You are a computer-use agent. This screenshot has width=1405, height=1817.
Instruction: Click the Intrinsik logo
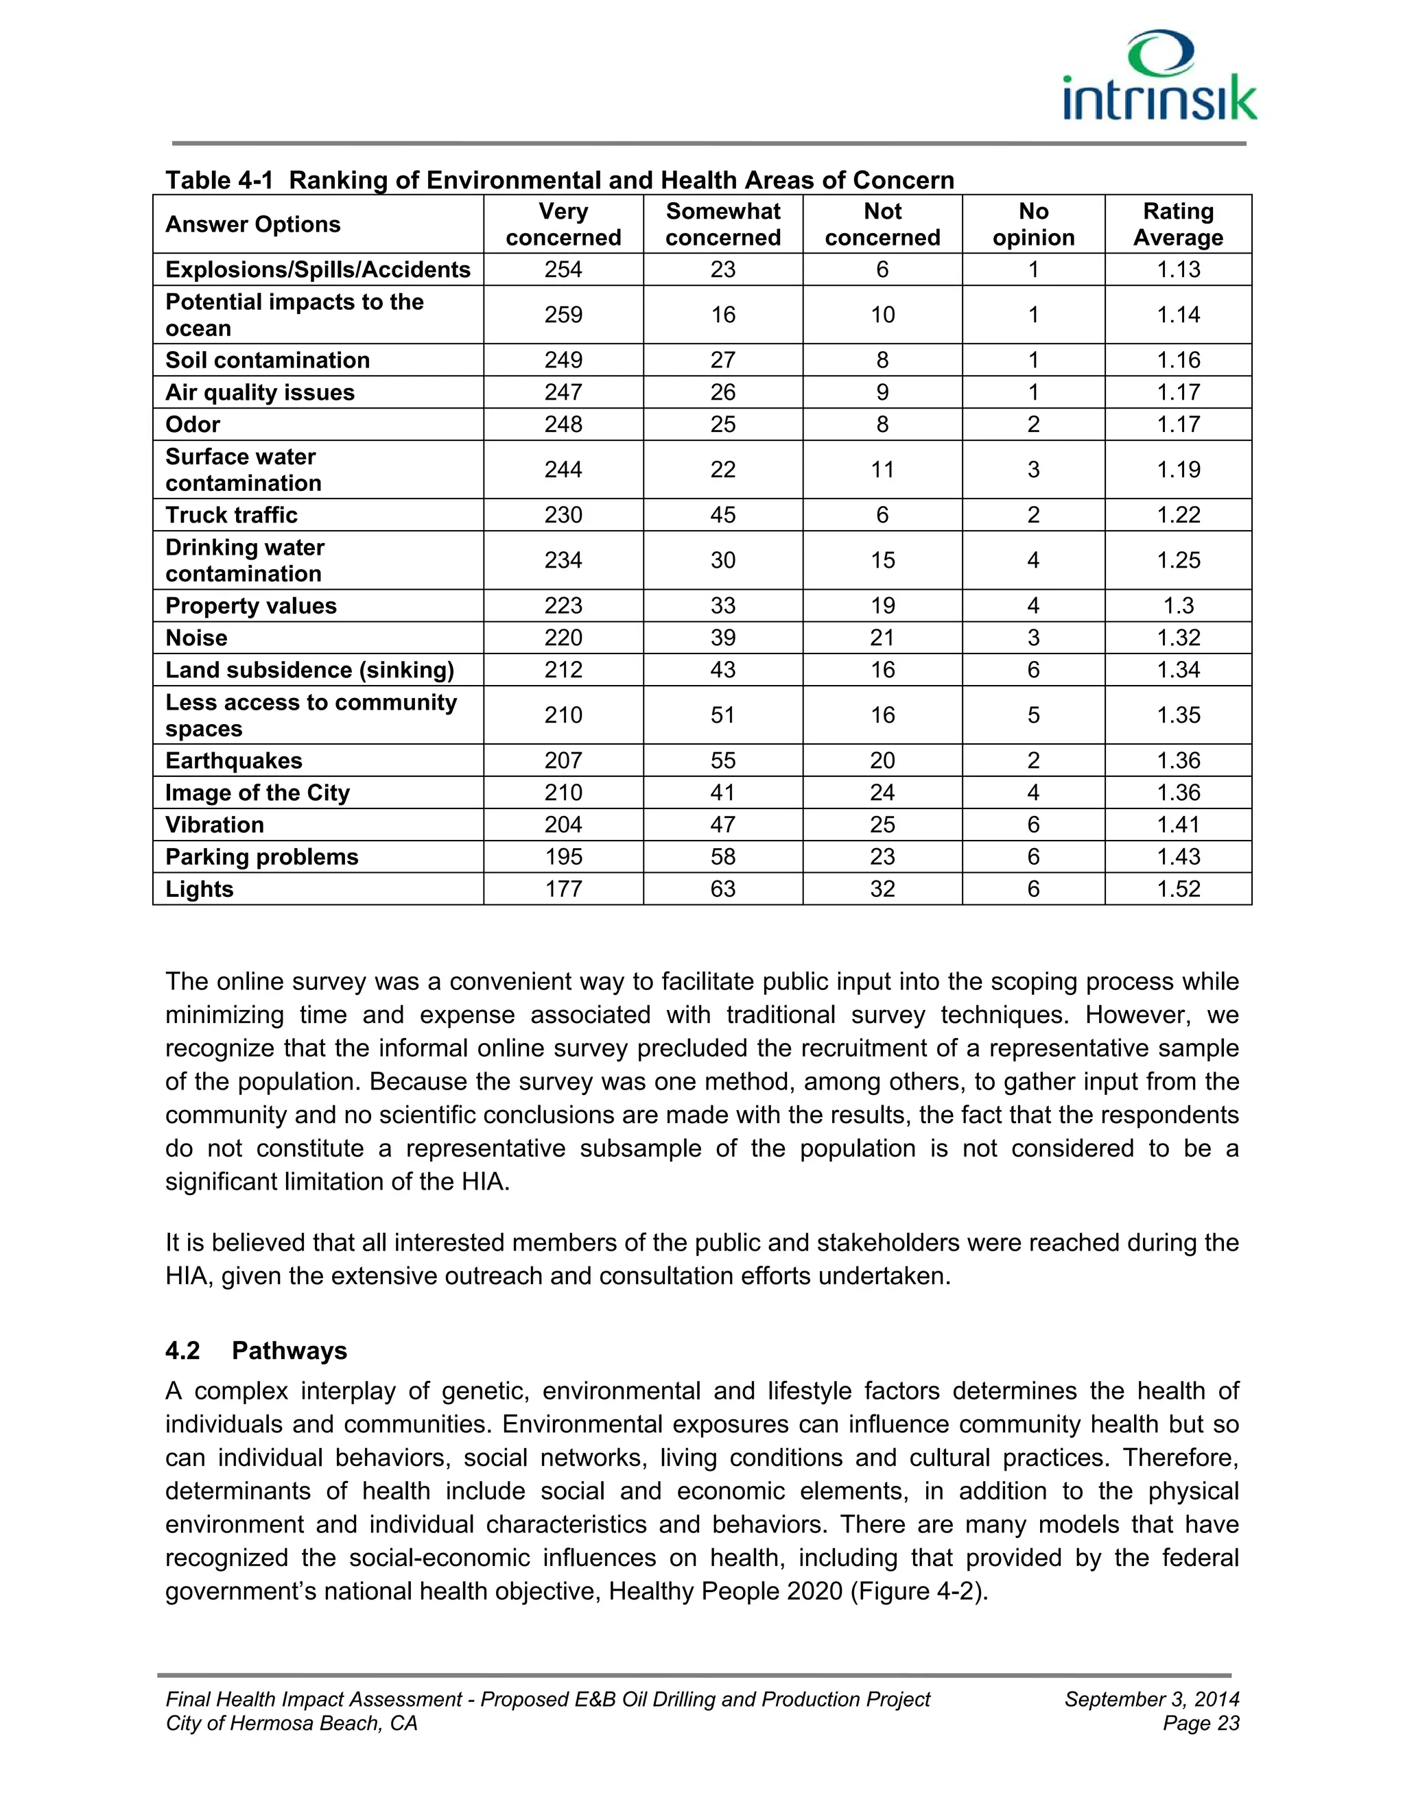(1159, 77)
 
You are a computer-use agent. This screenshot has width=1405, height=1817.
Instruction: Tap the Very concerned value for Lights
(563, 889)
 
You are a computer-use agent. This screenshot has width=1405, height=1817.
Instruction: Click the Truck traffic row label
(231, 515)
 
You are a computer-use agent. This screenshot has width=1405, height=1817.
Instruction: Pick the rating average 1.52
(1178, 889)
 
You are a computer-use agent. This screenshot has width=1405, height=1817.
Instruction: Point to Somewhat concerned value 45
(722, 515)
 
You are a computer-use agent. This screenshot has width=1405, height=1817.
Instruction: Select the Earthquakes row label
(234, 760)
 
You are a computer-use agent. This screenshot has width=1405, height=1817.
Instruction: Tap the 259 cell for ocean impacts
(563, 315)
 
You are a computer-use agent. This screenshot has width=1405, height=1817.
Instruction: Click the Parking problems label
(261, 857)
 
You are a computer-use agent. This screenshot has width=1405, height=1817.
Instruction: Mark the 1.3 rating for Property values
(1178, 605)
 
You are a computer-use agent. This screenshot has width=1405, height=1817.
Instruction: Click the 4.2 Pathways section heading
(257, 1350)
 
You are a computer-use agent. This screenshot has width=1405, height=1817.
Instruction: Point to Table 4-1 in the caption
(219, 180)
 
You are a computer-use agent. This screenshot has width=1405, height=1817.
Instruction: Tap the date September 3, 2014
(1151, 1699)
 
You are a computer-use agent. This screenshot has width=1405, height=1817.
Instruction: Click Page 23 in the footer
(1201, 1723)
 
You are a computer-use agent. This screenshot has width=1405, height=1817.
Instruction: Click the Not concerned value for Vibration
(882, 824)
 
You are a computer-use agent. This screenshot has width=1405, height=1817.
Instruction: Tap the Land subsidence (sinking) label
(309, 670)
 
